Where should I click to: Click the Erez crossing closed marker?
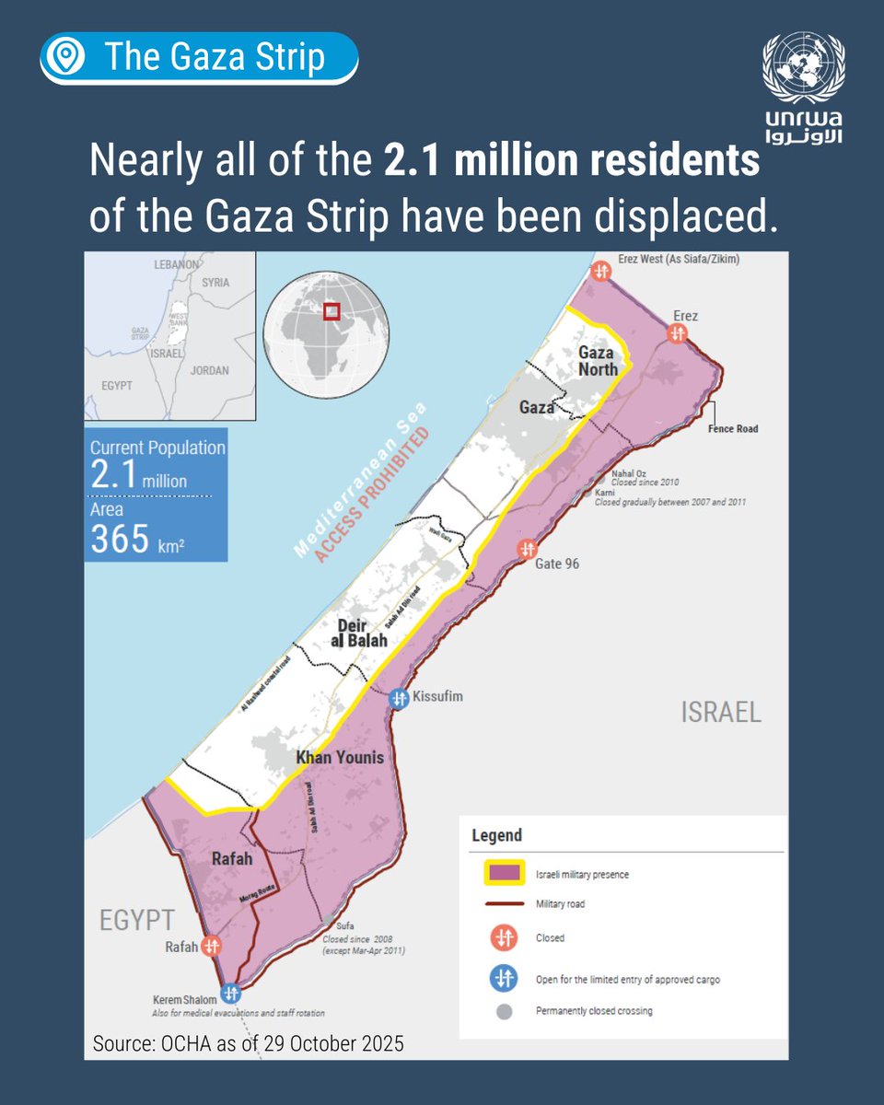click(678, 334)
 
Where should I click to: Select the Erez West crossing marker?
click(600, 271)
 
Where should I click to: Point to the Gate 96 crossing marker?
click(526, 551)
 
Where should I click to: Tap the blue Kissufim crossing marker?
click(399, 698)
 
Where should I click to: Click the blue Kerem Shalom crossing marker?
click(230, 994)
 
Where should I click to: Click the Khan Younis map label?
click(339, 758)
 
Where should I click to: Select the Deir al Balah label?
click(358, 633)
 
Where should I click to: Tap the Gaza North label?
click(598, 360)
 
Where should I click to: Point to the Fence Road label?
click(733, 429)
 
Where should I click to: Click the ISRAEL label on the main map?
click(721, 711)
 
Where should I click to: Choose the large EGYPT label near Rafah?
click(136, 920)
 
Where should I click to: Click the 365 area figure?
click(120, 539)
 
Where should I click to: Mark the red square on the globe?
click(331, 310)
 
